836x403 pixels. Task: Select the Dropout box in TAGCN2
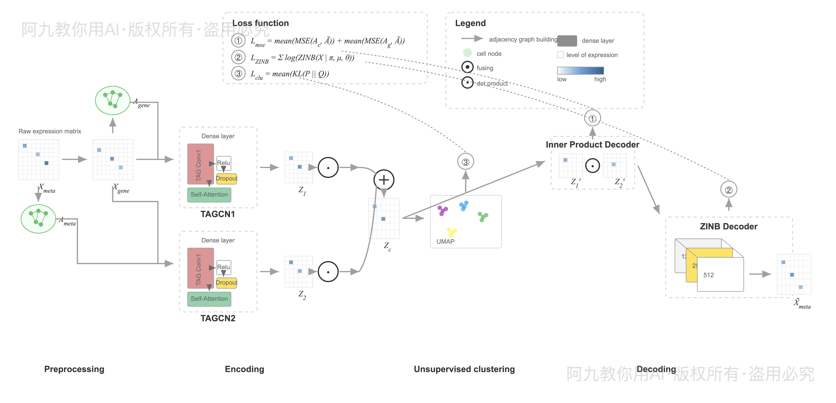click(x=227, y=282)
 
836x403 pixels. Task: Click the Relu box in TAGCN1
click(x=224, y=163)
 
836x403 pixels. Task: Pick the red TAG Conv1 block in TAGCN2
click(x=200, y=268)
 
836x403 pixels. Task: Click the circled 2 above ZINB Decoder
click(x=729, y=190)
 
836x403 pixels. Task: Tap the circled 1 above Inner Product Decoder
click(x=592, y=118)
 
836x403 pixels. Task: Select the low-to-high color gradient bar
click(x=580, y=71)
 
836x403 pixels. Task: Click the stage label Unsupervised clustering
click(x=464, y=369)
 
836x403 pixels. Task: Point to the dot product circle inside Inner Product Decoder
click(x=592, y=166)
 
